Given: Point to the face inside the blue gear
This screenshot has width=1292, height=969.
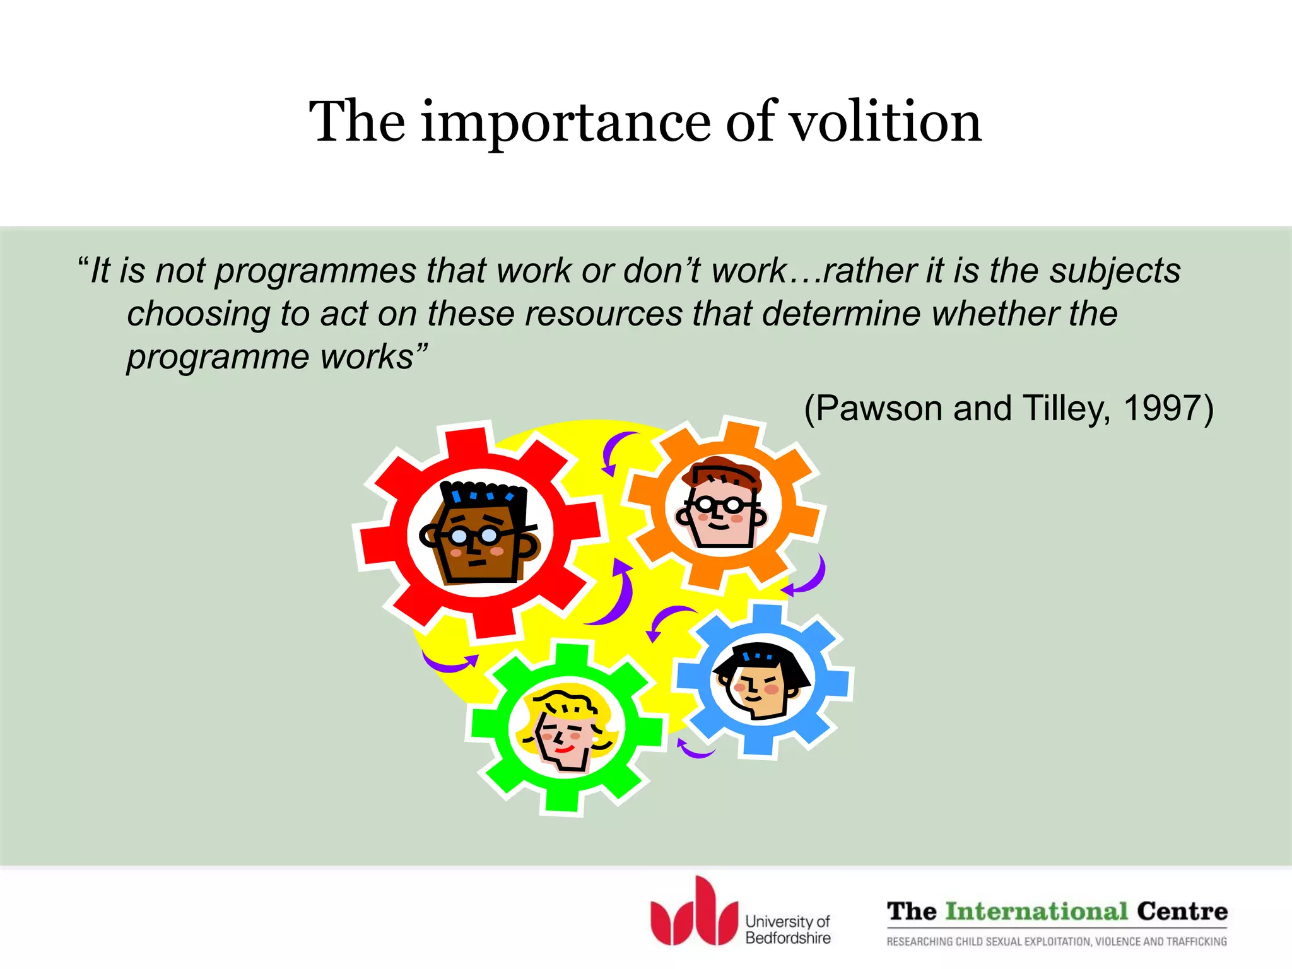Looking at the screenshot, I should coord(761,681).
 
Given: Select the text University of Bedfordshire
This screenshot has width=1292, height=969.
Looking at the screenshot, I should coord(787,930).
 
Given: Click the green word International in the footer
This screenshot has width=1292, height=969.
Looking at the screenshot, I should coord(1037,912).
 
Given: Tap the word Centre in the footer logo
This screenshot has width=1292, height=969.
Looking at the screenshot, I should coord(1182,912).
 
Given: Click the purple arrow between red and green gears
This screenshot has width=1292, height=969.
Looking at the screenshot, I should coord(449,662).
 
